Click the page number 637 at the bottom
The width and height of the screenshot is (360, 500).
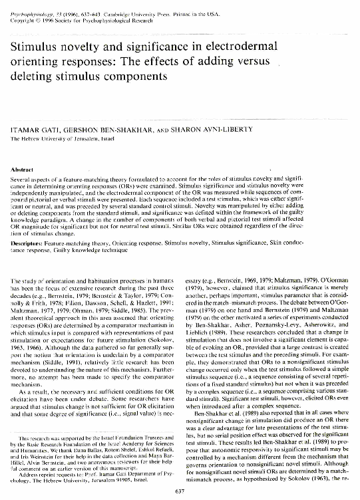179,491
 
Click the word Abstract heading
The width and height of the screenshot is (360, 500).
23,170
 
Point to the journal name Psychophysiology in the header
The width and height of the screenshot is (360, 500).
31,5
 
